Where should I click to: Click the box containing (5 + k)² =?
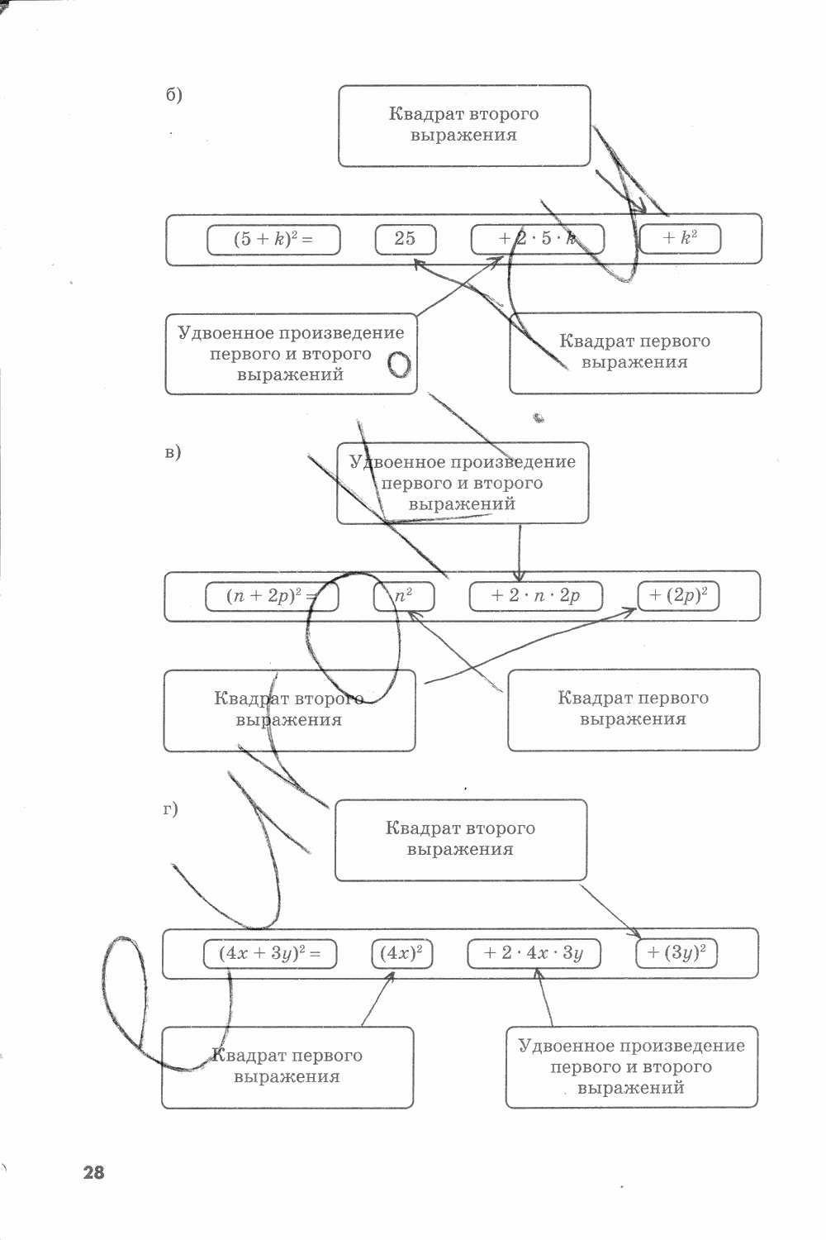[x=273, y=240]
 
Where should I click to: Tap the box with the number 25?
[x=406, y=240]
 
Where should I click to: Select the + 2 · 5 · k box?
[x=537, y=240]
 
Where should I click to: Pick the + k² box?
[x=681, y=239]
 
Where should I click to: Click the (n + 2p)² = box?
[x=272, y=596]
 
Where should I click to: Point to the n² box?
[x=403, y=596]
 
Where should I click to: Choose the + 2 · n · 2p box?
[x=535, y=596]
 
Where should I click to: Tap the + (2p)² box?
[x=678, y=596]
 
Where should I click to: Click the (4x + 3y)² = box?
[x=269, y=953]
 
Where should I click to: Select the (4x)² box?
[x=402, y=953]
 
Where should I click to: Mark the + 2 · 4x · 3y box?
[x=534, y=953]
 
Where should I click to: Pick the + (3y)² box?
[x=676, y=952]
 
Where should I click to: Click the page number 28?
[x=94, y=1172]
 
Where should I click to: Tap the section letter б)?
[x=173, y=94]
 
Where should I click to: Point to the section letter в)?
[x=173, y=452]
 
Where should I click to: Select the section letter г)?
[x=170, y=809]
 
